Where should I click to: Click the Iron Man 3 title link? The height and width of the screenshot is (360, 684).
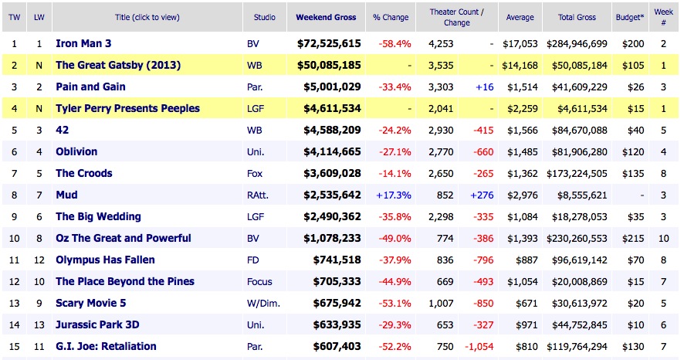point(86,44)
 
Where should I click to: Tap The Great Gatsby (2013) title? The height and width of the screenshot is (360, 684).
point(118,66)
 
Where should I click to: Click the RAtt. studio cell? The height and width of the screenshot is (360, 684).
point(259,195)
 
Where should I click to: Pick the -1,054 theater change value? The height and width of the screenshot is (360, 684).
point(479,347)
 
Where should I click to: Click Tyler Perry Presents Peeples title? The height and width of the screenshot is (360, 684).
point(127,109)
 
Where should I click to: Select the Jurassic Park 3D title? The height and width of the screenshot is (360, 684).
point(97,325)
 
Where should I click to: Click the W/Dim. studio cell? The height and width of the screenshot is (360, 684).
point(262,304)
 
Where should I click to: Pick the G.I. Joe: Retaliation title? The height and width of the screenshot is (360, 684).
point(106,347)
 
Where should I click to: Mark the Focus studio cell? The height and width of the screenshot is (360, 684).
point(260,282)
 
